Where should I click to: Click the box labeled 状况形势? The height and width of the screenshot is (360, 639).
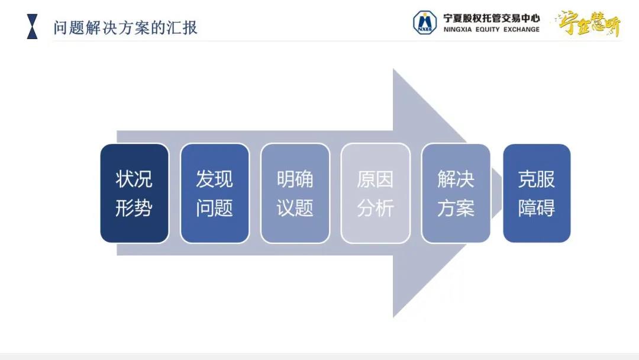[x=134, y=193]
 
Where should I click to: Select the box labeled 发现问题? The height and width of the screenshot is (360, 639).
[x=215, y=193]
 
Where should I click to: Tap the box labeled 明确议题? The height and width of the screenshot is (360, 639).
[x=295, y=193]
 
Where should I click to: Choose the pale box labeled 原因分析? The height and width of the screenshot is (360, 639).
[x=375, y=193]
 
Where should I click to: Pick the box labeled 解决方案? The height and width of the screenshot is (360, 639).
[x=456, y=193]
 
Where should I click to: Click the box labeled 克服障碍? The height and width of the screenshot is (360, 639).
[x=537, y=193]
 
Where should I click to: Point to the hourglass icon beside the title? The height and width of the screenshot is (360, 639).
[x=32, y=27]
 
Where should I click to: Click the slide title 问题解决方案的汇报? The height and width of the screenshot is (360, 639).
[x=125, y=28]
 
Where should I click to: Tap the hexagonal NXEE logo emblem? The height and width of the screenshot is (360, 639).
[x=425, y=22]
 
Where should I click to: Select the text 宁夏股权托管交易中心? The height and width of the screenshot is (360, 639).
[x=492, y=18]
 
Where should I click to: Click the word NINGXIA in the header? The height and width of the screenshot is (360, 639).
[x=457, y=30]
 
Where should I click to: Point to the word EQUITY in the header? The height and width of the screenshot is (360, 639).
[x=488, y=30]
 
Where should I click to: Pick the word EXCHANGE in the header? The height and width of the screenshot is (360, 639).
[x=521, y=30]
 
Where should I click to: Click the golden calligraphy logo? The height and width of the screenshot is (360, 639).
[x=589, y=24]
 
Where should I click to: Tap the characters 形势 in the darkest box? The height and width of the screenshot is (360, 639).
[x=134, y=208]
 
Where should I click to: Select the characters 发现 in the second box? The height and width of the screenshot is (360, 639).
[x=214, y=179]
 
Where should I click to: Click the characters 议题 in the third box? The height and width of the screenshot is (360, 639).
[x=295, y=208]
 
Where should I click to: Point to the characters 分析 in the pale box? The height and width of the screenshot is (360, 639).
[x=375, y=208]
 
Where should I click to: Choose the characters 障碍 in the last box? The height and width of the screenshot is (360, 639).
[x=536, y=208]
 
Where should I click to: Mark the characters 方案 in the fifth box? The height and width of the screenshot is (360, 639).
[x=456, y=208]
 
